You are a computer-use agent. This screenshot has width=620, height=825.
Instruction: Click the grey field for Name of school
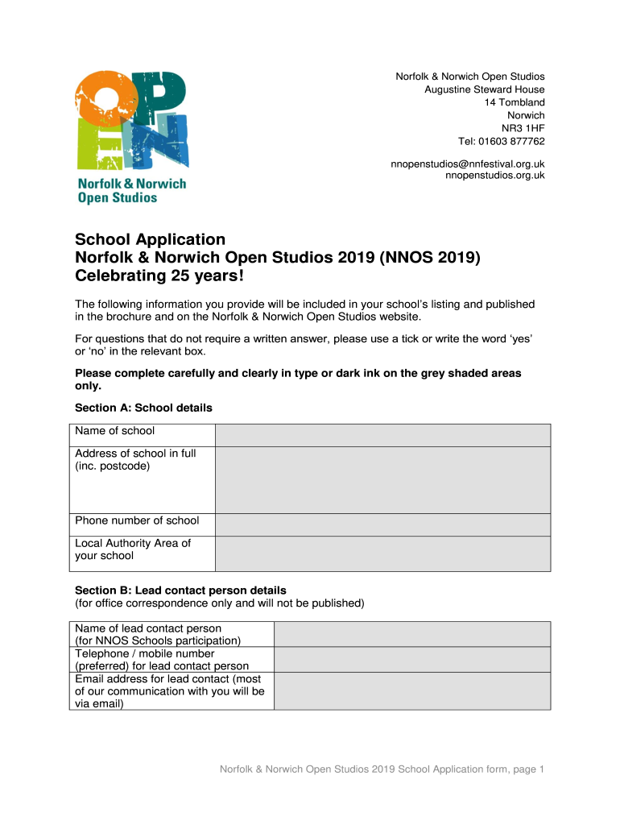coord(382,435)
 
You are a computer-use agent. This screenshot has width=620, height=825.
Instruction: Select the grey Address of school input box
coord(382,479)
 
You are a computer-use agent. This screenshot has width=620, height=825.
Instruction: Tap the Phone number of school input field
coord(382,524)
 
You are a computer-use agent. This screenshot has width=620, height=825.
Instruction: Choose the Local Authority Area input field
coord(382,553)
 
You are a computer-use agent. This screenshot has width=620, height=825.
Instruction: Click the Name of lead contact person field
coord(412,634)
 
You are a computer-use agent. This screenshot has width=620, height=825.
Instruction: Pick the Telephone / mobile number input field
coord(412,659)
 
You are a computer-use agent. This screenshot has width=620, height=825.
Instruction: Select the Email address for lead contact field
coord(412,690)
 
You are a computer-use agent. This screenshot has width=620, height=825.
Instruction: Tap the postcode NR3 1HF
coord(523,128)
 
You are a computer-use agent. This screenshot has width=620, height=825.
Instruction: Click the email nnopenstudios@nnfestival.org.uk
coord(468,164)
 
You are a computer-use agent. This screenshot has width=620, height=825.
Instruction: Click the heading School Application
coord(151,239)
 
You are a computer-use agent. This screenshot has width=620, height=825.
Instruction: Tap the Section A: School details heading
coord(143,408)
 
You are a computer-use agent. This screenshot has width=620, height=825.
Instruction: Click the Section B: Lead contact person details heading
coord(180,590)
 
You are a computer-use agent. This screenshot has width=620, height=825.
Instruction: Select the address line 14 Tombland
coord(515,102)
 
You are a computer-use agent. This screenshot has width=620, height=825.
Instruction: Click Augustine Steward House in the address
coord(485,89)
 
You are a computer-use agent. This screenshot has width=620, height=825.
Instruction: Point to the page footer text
coord(382,769)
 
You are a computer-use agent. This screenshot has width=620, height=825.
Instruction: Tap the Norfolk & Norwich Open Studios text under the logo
coord(131,190)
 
